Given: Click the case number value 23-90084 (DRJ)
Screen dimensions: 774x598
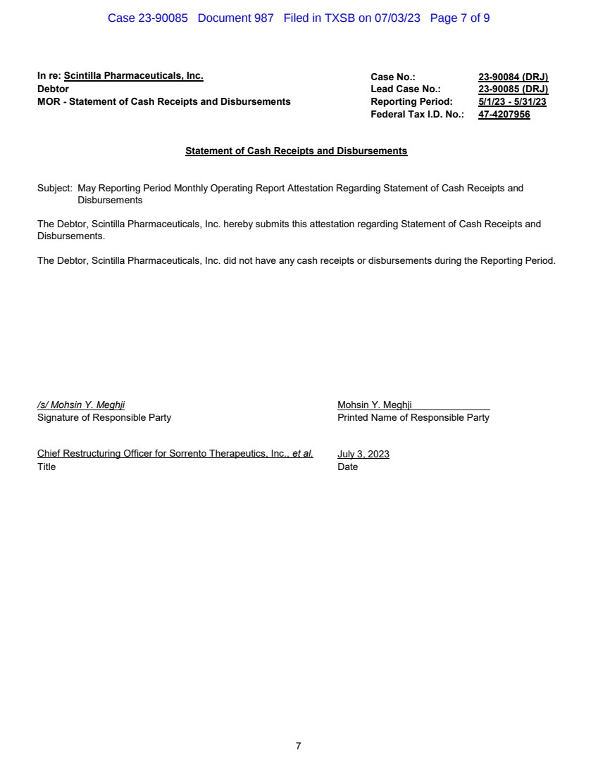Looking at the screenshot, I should tap(513, 77).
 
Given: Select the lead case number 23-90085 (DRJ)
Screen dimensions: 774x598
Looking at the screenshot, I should tap(513, 89).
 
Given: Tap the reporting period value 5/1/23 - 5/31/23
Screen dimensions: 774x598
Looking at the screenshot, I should tap(512, 102).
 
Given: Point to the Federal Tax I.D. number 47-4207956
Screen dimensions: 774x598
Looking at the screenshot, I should tap(504, 115).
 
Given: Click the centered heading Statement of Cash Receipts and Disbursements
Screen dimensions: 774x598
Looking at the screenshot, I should tap(296, 151).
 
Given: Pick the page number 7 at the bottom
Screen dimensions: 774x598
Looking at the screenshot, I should tap(299, 746).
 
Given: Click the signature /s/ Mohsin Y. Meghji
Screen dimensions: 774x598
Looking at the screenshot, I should tap(81, 405).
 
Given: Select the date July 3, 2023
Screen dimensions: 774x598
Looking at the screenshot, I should tap(363, 454).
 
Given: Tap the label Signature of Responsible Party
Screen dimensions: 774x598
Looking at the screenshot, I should tap(104, 417).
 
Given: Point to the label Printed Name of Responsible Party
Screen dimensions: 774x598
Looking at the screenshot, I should tap(413, 417).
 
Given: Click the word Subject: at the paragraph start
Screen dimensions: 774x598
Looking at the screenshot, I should tap(55, 189).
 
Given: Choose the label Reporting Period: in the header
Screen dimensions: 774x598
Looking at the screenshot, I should tap(411, 102).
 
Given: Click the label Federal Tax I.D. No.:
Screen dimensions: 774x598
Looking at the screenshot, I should tap(417, 115).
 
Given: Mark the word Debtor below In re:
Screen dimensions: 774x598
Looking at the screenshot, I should tap(53, 89).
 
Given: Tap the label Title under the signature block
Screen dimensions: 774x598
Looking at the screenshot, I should tap(46, 467).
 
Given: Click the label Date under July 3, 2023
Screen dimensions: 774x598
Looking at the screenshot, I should tap(348, 467).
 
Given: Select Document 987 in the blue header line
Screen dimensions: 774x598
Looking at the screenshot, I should tap(235, 18).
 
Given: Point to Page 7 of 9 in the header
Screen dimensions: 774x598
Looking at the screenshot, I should tap(460, 18).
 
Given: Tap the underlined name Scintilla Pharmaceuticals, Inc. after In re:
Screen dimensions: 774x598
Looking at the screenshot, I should tap(133, 76).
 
